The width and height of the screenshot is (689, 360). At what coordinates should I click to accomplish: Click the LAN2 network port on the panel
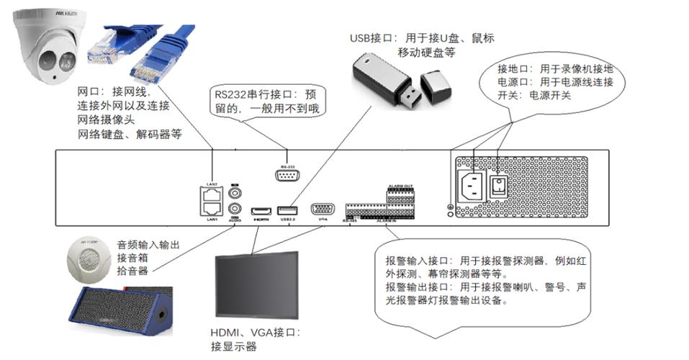coord(212,194)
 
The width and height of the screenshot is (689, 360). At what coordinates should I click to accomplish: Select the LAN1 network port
coord(212,208)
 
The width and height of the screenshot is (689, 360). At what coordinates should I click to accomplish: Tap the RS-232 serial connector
coord(287,175)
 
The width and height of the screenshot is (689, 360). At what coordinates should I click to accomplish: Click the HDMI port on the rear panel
coord(259,212)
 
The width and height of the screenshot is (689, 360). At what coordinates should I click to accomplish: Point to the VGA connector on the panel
coord(321,210)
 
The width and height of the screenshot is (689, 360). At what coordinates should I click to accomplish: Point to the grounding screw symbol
coord(451,210)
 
